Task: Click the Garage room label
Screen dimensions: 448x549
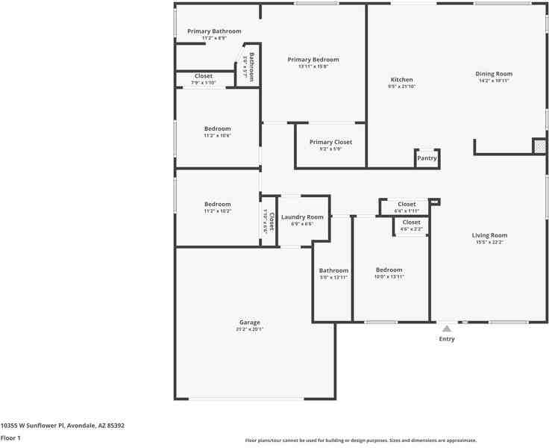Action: [249, 323]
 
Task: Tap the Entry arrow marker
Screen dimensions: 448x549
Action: [446, 329]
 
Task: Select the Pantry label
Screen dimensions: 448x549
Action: [427, 158]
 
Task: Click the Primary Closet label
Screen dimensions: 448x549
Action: [330, 142]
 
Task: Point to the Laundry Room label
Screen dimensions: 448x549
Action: [302, 217]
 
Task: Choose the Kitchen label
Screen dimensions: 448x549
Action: [401, 80]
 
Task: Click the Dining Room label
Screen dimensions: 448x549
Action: [494, 74]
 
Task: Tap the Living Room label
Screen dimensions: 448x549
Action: [489, 235]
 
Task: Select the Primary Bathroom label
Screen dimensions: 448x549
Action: [214, 31]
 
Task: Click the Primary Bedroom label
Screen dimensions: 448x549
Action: [313, 60]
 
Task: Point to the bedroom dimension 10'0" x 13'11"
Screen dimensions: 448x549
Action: [389, 277]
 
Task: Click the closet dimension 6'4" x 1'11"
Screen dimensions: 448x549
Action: [407, 211]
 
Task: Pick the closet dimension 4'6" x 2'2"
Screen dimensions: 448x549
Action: [411, 229]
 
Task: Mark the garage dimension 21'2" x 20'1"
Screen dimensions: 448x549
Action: [249, 329]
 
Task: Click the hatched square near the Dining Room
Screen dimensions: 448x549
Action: [539, 146]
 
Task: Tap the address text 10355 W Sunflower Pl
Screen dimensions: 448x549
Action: [62, 426]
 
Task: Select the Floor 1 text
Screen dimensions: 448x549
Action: [10, 438]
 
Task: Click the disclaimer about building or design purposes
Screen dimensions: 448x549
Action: [361, 441]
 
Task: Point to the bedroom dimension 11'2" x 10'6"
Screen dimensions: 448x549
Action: [217, 135]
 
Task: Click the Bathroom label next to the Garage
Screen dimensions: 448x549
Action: [333, 270]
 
